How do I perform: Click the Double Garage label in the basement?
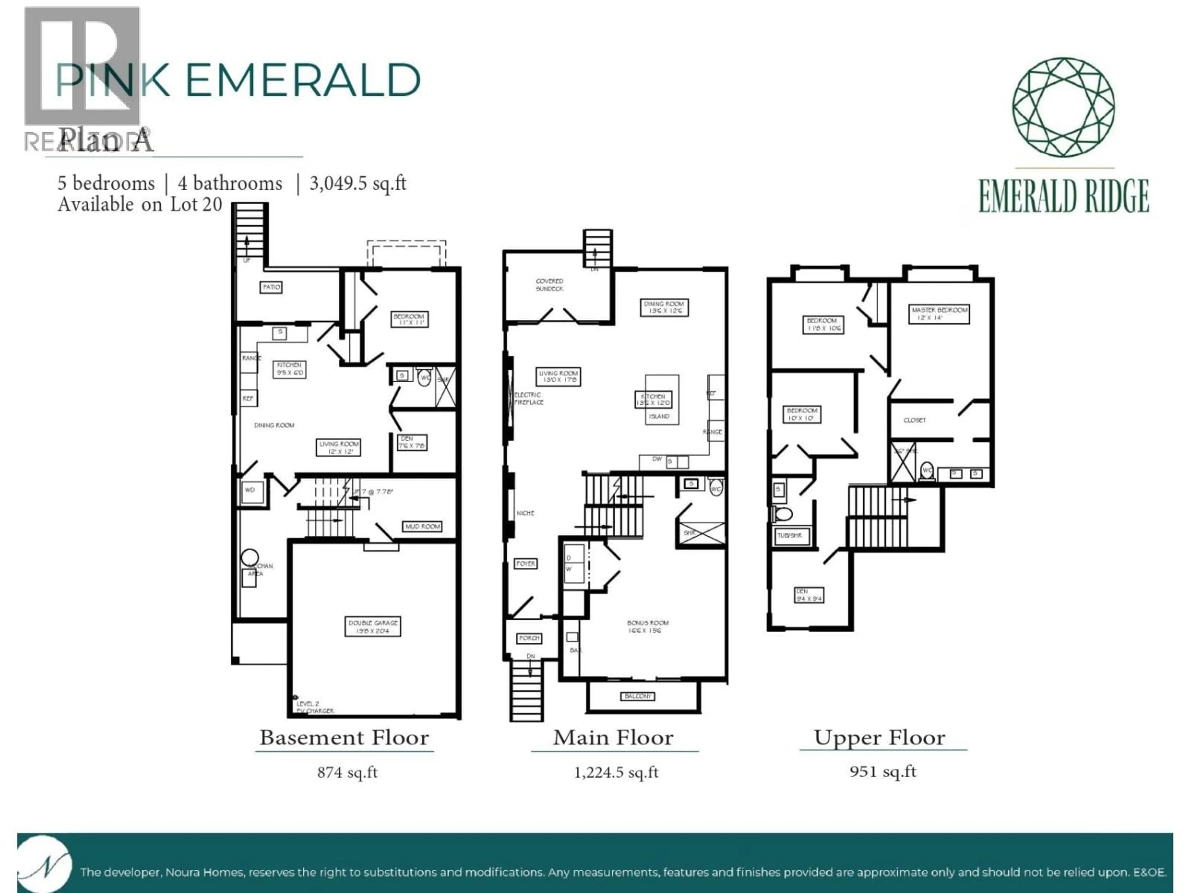[x=372, y=626]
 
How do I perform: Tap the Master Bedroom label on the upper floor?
[x=939, y=313]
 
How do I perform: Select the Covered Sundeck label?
[x=549, y=285]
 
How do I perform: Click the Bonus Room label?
[x=647, y=626]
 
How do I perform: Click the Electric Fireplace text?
[x=529, y=398]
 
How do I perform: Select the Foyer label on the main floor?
[x=525, y=564]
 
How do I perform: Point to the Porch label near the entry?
[x=529, y=638]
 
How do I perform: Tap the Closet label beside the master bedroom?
[x=914, y=420]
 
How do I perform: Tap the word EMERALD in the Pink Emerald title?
[x=303, y=81]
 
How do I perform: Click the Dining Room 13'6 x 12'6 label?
[x=664, y=307]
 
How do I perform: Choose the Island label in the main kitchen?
[x=659, y=416]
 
